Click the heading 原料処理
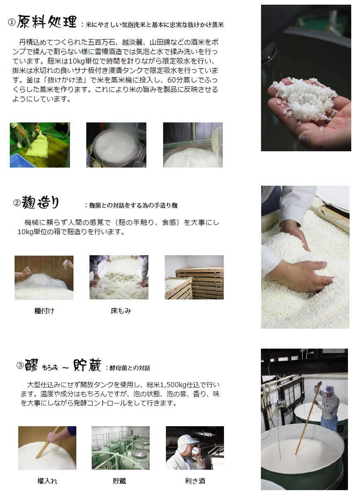(46, 22)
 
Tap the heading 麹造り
(40, 202)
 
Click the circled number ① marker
(12, 22)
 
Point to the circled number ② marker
(17, 203)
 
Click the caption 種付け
(44, 310)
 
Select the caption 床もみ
(121, 310)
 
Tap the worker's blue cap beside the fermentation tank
(329, 389)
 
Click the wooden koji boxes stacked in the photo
(201, 283)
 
